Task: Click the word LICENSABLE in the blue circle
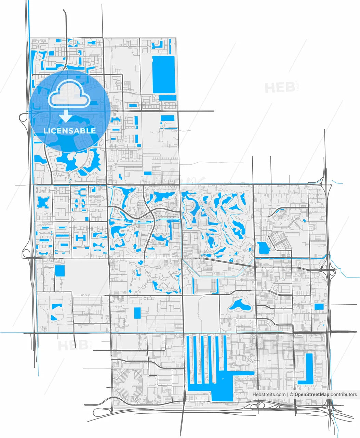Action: pos(69,131)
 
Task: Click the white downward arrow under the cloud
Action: pos(65,117)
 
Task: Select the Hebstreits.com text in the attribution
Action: pos(269,394)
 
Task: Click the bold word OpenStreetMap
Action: pos(312,394)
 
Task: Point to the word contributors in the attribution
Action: pos(344,394)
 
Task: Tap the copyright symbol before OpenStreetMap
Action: pos(291,394)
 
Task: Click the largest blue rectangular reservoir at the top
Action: pos(163,75)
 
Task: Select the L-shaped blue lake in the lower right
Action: pos(306,371)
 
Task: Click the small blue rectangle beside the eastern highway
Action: pos(319,307)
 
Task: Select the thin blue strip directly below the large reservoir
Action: pos(168,98)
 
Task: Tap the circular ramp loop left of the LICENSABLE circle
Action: pos(24,118)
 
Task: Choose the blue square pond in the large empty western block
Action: pos(59,271)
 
